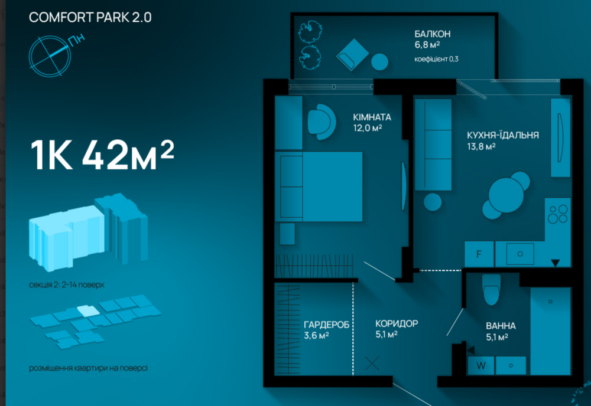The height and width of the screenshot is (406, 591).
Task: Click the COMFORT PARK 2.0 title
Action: (90, 17)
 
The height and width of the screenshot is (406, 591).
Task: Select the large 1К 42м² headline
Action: (102, 155)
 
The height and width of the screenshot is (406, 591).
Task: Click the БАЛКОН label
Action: (433, 34)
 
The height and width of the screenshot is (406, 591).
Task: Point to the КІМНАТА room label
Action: (372, 117)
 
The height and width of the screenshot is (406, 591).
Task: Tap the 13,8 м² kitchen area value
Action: (481, 146)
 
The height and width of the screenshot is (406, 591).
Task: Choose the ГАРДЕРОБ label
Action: (326, 325)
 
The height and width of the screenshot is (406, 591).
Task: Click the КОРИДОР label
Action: (397, 323)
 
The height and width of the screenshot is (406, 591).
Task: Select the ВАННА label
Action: (501, 326)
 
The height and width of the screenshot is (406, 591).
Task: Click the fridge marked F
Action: (479, 254)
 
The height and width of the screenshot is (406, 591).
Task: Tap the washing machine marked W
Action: (481, 365)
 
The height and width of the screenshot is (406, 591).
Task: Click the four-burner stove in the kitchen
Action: (558, 214)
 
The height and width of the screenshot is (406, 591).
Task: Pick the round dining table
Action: (506, 195)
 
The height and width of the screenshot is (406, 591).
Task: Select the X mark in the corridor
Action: (372, 364)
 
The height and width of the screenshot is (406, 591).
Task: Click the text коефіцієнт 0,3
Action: (437, 59)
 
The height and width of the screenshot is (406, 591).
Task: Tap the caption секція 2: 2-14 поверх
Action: (67, 284)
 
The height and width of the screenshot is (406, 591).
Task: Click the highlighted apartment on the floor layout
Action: (88, 311)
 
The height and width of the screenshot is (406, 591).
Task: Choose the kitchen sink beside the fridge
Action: (519, 254)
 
